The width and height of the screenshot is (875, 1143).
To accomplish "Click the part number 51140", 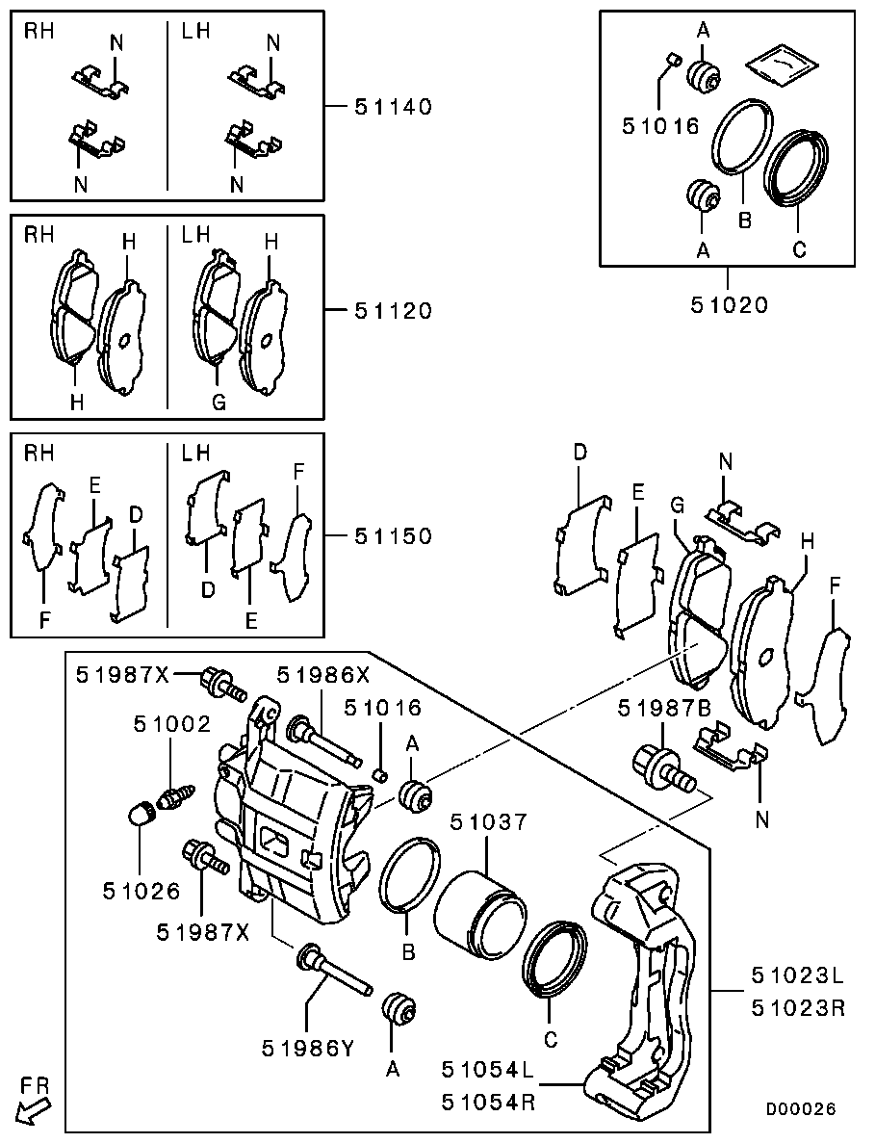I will click(x=393, y=106).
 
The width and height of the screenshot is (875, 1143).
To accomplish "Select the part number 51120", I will click(x=393, y=311).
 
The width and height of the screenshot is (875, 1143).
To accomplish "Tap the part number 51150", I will click(x=393, y=535).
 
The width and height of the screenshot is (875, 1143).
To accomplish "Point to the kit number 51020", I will click(x=729, y=305).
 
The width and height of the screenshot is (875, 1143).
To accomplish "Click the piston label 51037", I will click(x=488, y=822).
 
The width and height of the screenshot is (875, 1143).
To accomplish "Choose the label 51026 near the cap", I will click(x=142, y=892).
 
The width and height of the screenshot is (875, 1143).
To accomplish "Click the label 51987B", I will click(x=665, y=709).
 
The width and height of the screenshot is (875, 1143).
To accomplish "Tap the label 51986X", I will click(x=322, y=676).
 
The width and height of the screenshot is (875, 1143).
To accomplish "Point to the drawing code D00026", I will click(x=801, y=1109).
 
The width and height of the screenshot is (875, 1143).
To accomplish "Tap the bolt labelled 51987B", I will click(x=660, y=769).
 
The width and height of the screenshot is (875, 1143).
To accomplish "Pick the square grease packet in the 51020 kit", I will click(x=782, y=65).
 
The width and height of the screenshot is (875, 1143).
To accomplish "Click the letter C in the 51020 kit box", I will click(x=798, y=249).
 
